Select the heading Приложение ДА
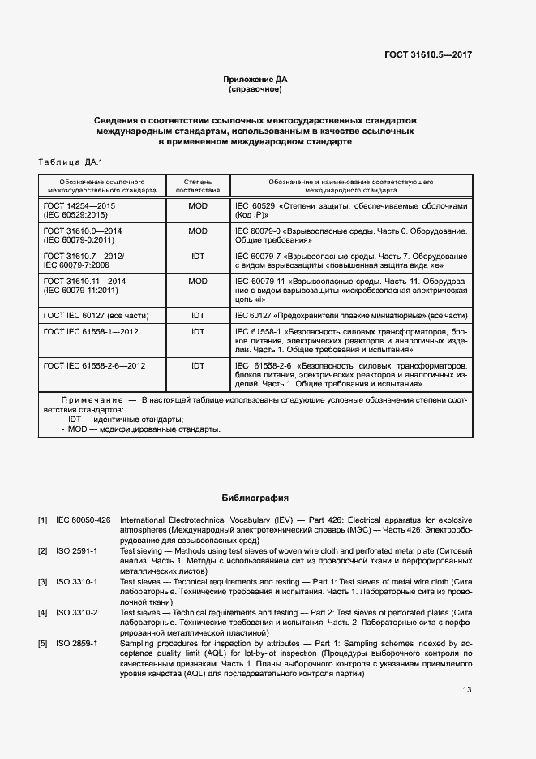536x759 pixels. [x=255, y=80]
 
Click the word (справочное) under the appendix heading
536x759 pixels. [x=255, y=89]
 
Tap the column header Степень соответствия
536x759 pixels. [x=198, y=186]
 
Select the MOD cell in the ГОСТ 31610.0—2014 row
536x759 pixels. [x=198, y=231]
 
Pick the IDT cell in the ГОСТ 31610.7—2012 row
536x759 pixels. [x=198, y=256]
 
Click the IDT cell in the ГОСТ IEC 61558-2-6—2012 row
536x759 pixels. [x=198, y=366]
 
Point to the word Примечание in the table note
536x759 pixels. [x=90, y=401]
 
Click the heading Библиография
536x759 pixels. [x=255, y=497]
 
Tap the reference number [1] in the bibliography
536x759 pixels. [x=42, y=519]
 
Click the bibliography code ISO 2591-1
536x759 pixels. [x=77, y=550]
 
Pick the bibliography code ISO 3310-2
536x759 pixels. [x=77, y=612]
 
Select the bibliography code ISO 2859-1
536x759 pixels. [x=77, y=643]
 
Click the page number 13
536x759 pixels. [x=467, y=690]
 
